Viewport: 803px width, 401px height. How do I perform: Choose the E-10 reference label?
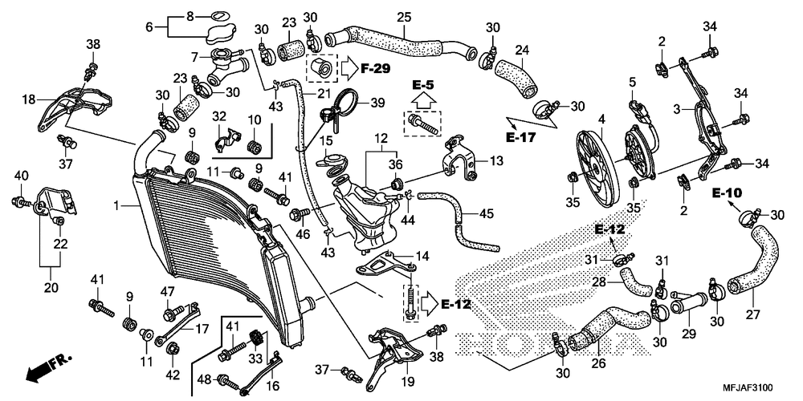[726, 194]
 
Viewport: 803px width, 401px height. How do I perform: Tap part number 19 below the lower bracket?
[409, 381]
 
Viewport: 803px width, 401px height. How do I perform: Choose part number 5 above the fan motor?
[633, 81]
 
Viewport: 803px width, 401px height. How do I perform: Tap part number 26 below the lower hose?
[599, 364]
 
